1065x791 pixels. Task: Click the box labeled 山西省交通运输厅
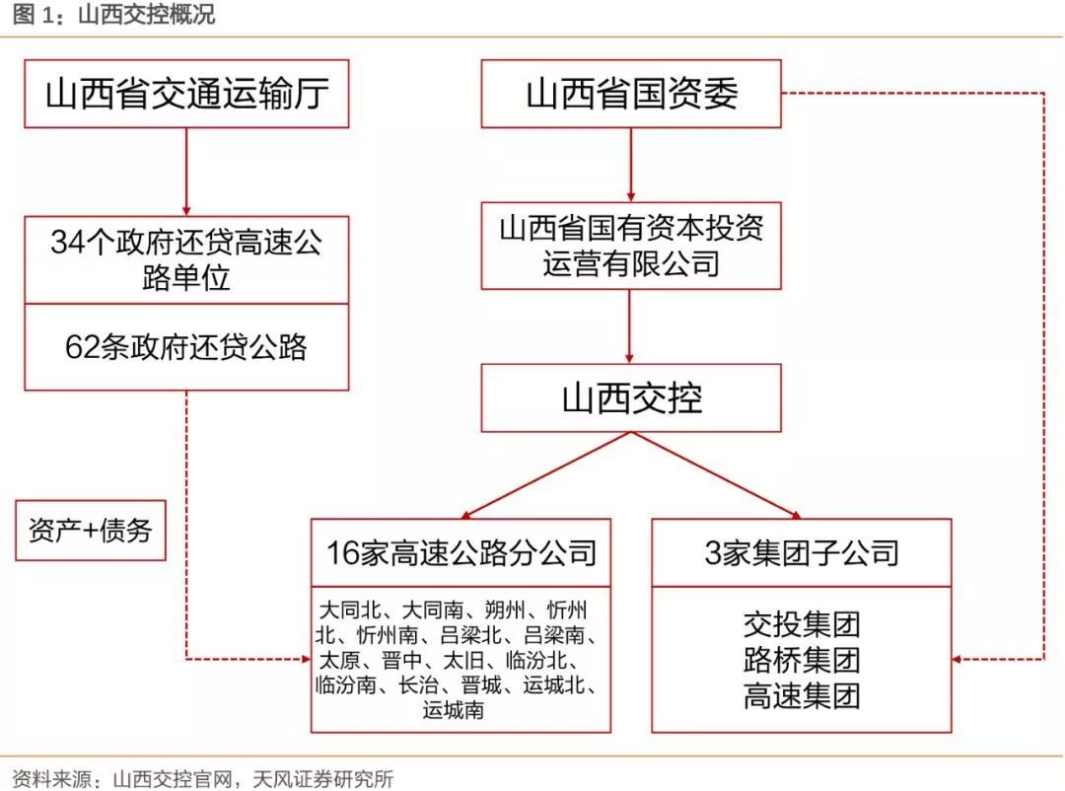tap(186, 94)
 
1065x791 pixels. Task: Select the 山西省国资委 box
tap(631, 94)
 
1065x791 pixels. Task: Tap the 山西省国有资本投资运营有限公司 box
tap(631, 246)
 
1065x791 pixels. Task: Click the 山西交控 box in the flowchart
tap(631, 398)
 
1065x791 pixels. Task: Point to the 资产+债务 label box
tap(91, 531)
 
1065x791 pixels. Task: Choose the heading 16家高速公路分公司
tap(461, 553)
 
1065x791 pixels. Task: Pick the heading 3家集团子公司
tap(802, 553)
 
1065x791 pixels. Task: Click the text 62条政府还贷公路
tap(186, 346)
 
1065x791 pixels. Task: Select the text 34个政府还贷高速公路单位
tap(186, 259)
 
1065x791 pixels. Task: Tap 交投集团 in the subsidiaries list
tap(802, 624)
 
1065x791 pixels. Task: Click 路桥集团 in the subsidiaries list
tap(802, 660)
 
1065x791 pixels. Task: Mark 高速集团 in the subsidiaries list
tap(802, 696)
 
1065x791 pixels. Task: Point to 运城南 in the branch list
tap(453, 710)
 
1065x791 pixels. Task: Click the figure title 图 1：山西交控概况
tap(113, 14)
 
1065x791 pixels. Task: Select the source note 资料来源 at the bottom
tap(202, 779)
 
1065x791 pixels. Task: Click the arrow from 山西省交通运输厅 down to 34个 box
tap(186, 172)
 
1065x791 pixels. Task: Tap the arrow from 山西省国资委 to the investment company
tap(631, 165)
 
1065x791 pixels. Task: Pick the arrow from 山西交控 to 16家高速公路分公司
tap(546, 475)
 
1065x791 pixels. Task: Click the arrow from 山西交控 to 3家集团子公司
tap(717, 475)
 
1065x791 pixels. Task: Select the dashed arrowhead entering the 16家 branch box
tap(307, 659)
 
